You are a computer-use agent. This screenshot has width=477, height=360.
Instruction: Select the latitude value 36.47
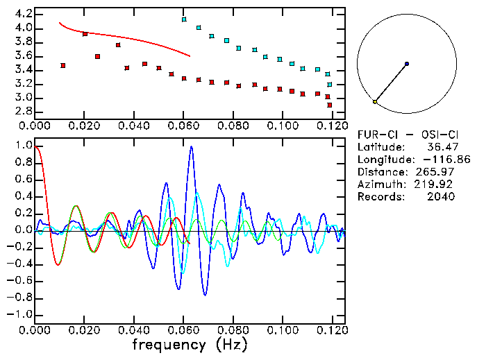tap(442, 147)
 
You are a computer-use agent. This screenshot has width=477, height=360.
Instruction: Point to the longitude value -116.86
tap(436, 160)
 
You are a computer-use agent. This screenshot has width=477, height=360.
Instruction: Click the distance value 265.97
tap(437, 172)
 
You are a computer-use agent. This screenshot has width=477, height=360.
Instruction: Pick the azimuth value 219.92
tap(437, 185)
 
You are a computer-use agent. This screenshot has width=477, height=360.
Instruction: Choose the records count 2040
tap(442, 197)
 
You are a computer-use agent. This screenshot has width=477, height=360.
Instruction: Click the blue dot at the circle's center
tap(407, 64)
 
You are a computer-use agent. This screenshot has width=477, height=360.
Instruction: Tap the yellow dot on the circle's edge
tap(375, 102)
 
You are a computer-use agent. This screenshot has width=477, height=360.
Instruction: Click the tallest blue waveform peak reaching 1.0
tap(191, 147)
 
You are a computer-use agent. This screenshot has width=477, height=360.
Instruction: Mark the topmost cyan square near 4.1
tap(184, 19)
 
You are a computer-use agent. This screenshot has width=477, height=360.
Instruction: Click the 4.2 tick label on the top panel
tap(22, 14)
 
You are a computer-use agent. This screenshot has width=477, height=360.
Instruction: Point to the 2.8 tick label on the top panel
tap(22, 112)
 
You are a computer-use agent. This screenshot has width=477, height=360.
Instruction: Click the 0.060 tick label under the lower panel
tap(183, 329)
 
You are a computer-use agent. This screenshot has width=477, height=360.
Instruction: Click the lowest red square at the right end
tap(330, 105)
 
